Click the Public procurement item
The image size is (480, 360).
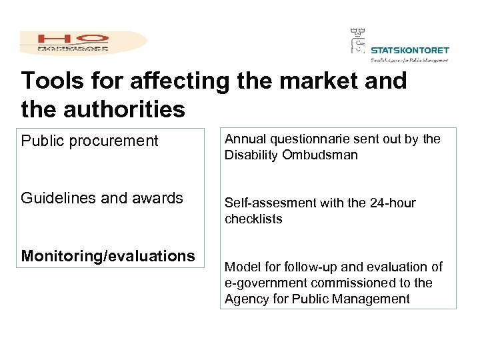(x=90, y=141)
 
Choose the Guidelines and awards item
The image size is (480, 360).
(x=102, y=199)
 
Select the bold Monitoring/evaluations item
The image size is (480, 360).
(x=108, y=256)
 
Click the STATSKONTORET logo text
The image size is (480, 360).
(x=409, y=50)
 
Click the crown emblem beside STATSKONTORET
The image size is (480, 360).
(x=358, y=41)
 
